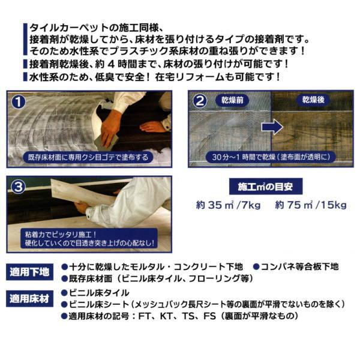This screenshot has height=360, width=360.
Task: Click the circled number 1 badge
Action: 20,101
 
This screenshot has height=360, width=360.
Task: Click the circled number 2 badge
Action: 200,101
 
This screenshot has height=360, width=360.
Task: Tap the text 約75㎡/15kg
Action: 311,205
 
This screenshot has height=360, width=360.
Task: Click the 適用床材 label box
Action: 31,298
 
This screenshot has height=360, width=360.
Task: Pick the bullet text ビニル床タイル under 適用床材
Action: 100,293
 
